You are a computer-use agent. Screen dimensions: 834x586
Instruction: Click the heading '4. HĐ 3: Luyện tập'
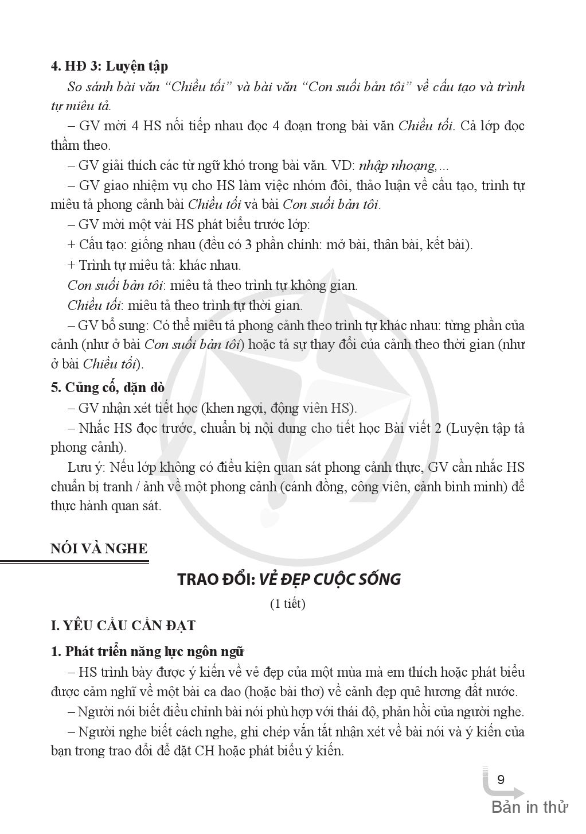coord(109,66)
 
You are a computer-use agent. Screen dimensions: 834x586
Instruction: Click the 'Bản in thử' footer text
coord(529,807)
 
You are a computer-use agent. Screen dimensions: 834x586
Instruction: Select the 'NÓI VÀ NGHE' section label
coord(99,548)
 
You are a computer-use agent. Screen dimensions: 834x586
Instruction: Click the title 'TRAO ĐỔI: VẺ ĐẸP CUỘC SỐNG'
coord(289,579)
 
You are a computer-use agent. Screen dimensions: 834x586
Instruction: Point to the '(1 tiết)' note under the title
coord(287,604)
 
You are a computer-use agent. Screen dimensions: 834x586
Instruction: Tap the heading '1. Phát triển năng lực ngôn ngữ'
coord(147,651)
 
